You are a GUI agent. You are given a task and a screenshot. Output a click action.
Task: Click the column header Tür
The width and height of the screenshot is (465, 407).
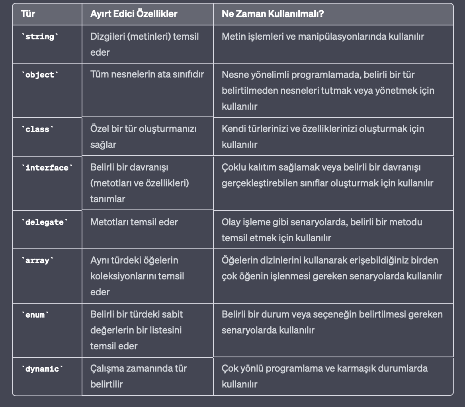click(28, 14)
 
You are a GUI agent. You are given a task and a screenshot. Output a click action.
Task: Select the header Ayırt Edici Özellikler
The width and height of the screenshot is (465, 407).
click(134, 14)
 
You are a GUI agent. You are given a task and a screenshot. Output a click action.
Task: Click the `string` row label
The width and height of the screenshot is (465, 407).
click(39, 37)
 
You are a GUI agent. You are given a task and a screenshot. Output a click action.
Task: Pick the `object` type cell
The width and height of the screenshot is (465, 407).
click(39, 75)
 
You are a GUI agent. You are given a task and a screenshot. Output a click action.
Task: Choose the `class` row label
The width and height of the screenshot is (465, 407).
click(37, 130)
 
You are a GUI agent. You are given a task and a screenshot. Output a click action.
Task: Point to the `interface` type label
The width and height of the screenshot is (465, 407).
click(47, 168)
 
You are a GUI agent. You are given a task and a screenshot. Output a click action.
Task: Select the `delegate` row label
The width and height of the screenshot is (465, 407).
click(44, 223)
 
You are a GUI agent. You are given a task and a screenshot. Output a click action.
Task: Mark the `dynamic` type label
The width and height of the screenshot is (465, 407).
click(42, 369)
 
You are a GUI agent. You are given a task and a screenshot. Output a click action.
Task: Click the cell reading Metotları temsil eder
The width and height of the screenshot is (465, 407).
click(134, 222)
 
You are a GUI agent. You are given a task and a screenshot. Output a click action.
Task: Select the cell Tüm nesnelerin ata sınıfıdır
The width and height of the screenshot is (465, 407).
click(147, 74)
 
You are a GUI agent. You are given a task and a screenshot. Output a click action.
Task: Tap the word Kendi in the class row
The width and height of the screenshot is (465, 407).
click(232, 129)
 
